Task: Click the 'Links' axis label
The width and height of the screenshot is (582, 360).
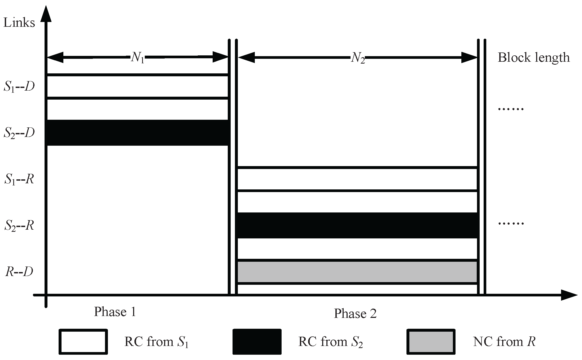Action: pos(19,23)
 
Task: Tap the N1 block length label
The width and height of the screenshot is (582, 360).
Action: pos(138,57)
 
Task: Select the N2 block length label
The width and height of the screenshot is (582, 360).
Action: pos(358,57)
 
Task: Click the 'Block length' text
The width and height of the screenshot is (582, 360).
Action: pos(533,57)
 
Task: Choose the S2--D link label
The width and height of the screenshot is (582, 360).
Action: pos(19,133)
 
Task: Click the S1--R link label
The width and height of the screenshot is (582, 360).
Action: pos(19,179)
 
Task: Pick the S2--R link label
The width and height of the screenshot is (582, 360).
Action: pos(19,226)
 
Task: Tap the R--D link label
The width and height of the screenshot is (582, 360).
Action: pos(19,272)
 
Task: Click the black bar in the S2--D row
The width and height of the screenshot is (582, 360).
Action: pos(138,132)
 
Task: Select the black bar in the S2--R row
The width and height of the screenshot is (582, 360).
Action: pos(357,225)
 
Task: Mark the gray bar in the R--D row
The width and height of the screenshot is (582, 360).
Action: pos(357,272)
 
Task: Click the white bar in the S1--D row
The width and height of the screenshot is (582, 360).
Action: pos(138,87)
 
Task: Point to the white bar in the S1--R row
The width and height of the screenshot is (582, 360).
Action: pos(357,179)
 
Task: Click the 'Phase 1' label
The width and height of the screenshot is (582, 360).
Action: pos(115,312)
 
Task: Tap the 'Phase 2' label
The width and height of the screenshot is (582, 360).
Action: pos(355,314)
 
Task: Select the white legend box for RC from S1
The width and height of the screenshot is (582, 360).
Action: pos(83,342)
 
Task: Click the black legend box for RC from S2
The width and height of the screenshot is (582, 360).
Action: pos(257,342)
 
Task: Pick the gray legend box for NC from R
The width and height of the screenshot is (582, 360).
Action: pos(431,342)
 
